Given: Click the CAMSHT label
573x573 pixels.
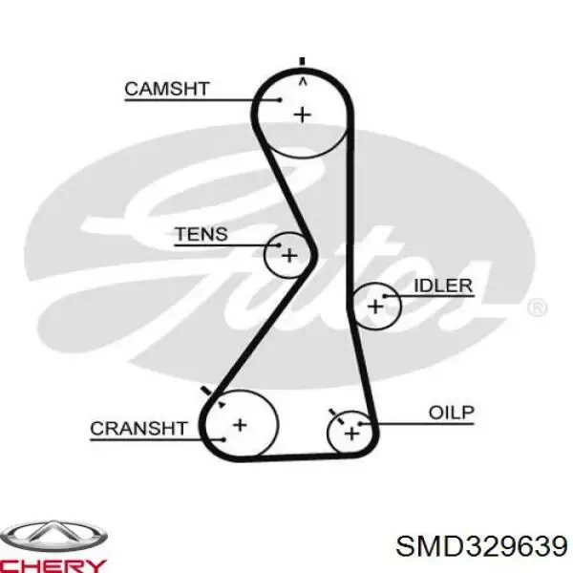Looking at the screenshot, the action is click(x=167, y=89).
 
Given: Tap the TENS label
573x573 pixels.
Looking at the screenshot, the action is click(x=202, y=234).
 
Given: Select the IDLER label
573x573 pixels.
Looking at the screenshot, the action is click(x=443, y=286).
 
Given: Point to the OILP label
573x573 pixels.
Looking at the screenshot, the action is click(x=452, y=413).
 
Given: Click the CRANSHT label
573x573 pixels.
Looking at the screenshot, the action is click(x=138, y=428).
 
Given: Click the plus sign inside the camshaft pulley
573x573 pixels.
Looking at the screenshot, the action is click(x=303, y=116).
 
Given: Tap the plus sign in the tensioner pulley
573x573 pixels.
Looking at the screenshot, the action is click(x=289, y=255).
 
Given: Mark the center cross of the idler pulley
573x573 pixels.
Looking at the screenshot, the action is click(x=375, y=307).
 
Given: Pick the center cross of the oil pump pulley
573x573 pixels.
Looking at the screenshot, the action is click(x=351, y=434).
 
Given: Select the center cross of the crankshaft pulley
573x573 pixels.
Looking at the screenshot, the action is click(x=240, y=425).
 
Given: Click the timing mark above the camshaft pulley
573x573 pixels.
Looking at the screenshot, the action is click(x=302, y=61).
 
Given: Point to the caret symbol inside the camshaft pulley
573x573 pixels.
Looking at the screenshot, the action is click(x=303, y=83).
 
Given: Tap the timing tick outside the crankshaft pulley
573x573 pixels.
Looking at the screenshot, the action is click(x=206, y=391).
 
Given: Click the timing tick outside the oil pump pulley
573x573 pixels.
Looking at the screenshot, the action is click(x=332, y=413).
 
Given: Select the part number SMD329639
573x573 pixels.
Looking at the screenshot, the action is click(x=482, y=546).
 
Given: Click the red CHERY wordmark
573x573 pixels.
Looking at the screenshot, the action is click(x=53, y=566).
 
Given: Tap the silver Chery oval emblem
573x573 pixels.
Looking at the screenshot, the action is click(x=53, y=536).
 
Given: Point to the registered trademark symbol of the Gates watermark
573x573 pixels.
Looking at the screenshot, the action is click(x=537, y=308).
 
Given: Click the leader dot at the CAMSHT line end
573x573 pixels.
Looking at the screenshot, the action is click(x=280, y=99).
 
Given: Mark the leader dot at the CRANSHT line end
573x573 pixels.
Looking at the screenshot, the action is click(x=224, y=439).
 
